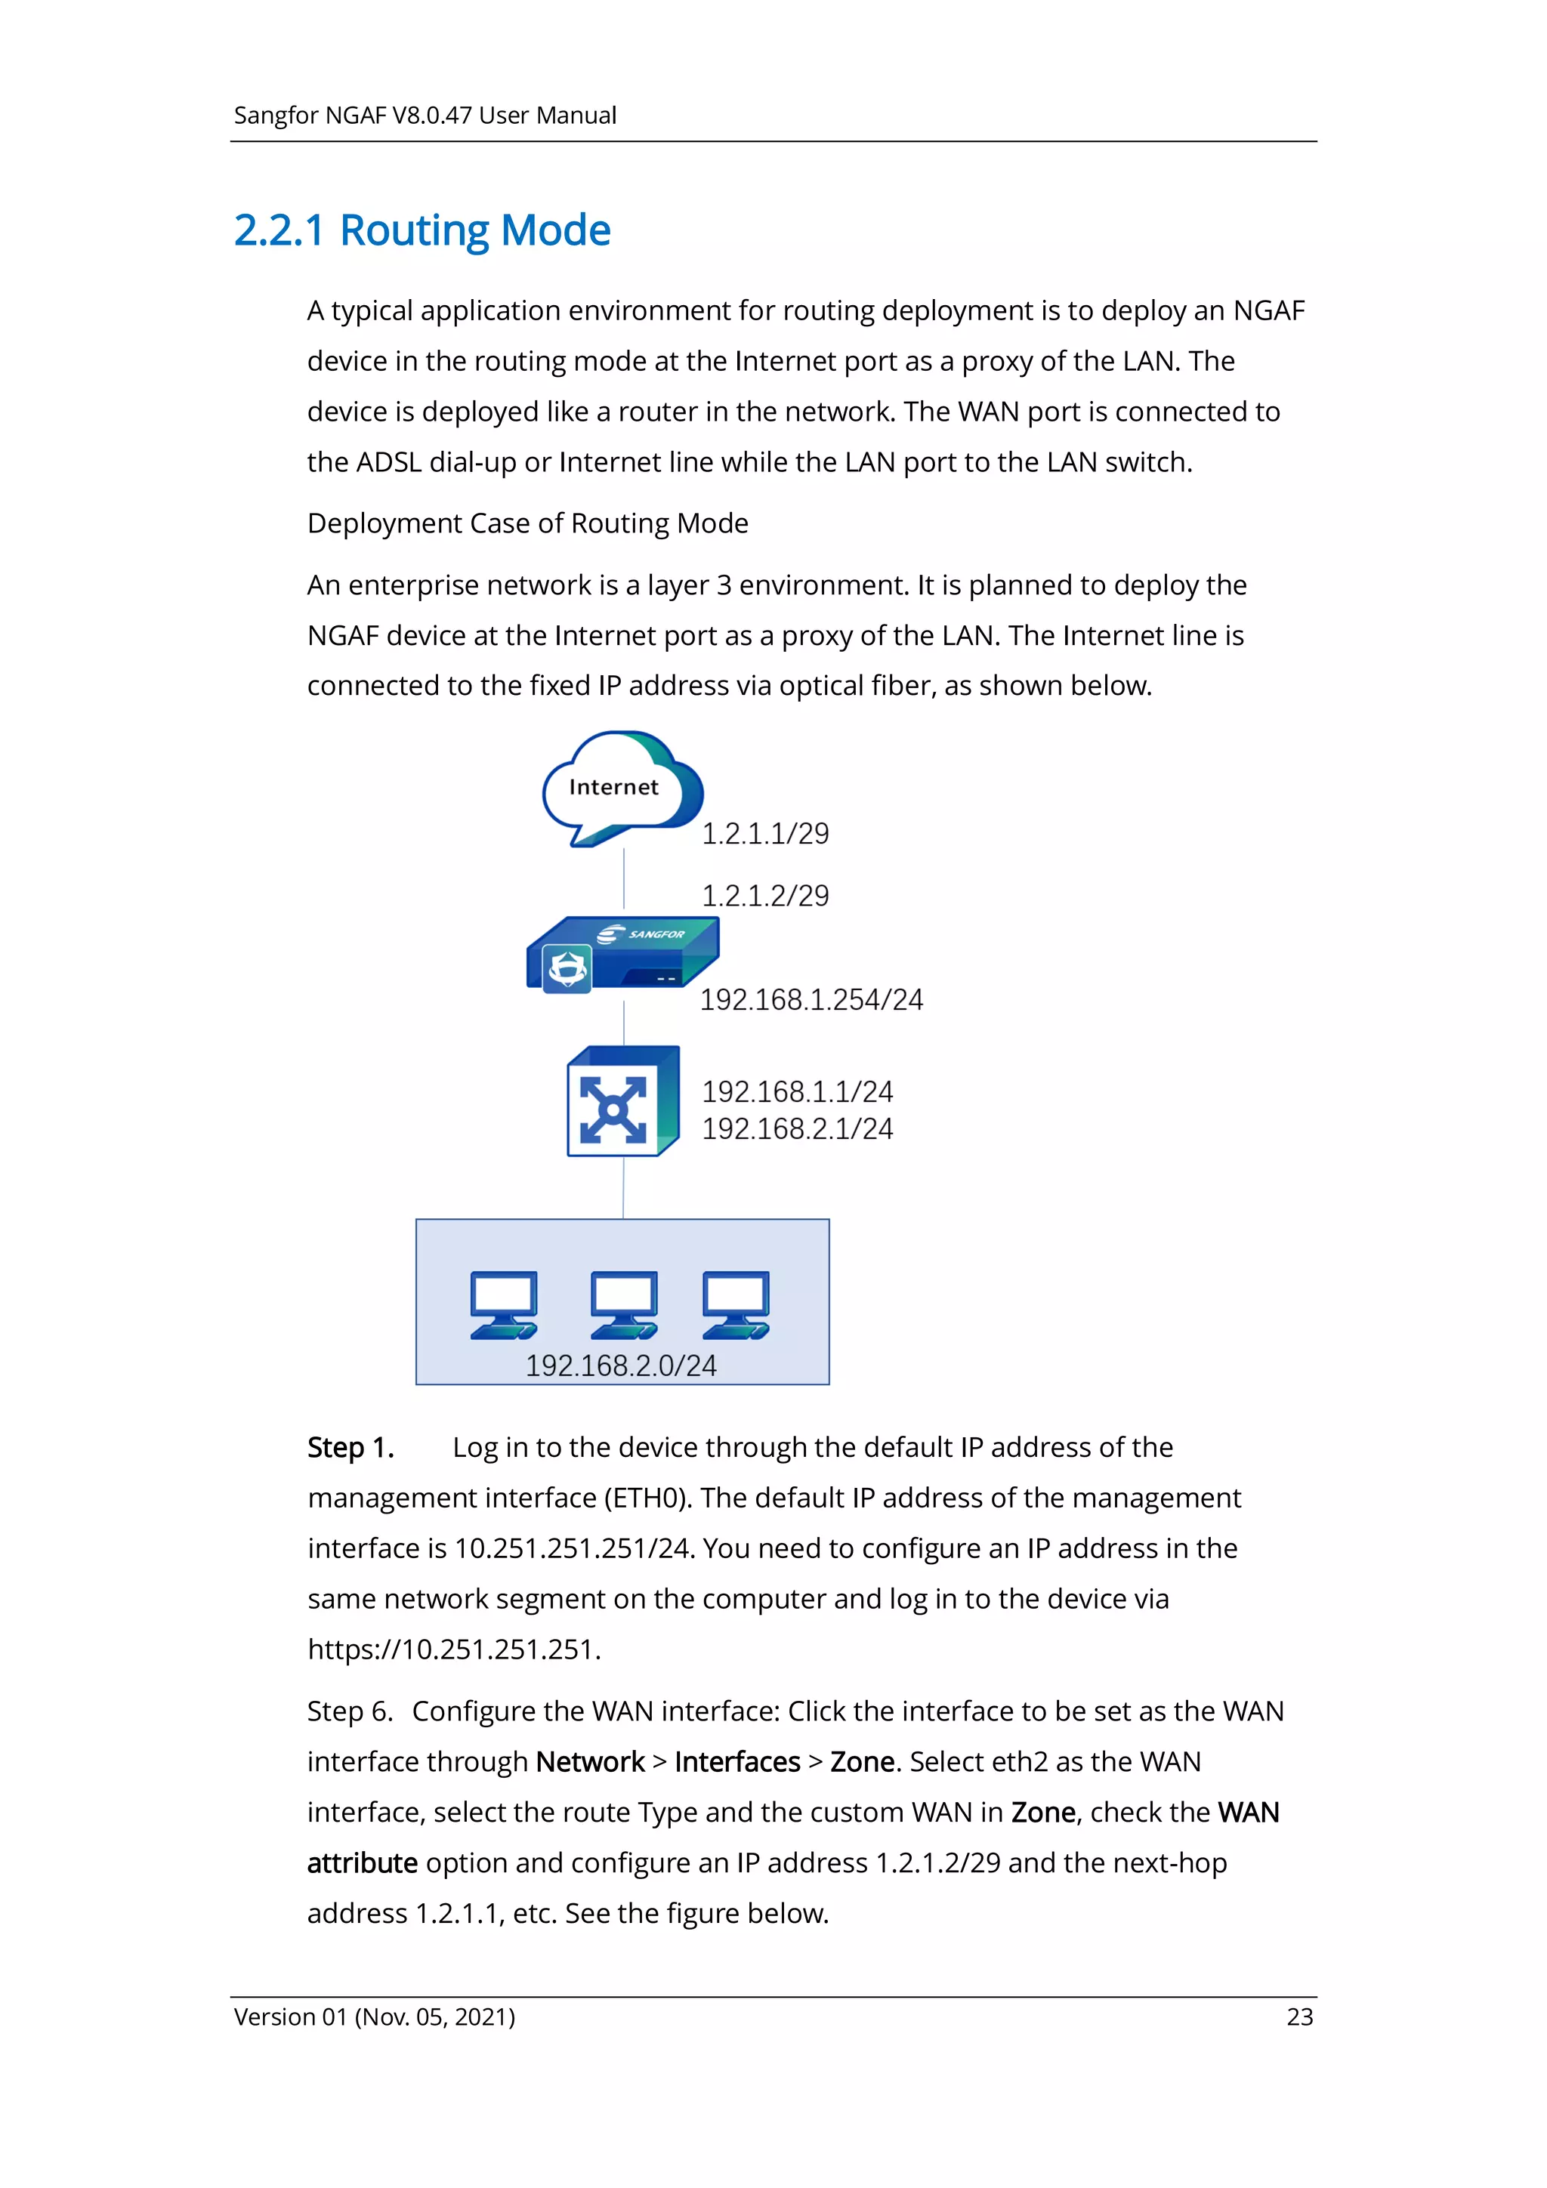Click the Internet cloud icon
tap(622, 787)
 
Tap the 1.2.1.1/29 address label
tap(765, 834)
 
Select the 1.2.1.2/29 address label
tap(765, 896)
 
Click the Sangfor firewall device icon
tap(622, 955)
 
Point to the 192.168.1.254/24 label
tap(811, 1000)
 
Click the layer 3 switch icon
tap(622, 1103)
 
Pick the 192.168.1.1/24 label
tap(797, 1091)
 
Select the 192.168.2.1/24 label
tap(797, 1129)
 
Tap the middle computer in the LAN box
tap(623, 1304)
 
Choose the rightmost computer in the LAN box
tap(736, 1304)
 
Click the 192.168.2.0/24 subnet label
tap(620, 1366)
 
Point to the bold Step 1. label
tap(350, 1448)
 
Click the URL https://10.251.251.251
tap(454, 1649)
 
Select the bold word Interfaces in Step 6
tap(736, 1762)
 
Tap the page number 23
tap(1299, 2017)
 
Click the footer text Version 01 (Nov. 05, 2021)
tap(375, 2017)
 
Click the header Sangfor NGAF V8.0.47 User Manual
tap(425, 116)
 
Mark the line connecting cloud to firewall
tap(623, 878)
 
